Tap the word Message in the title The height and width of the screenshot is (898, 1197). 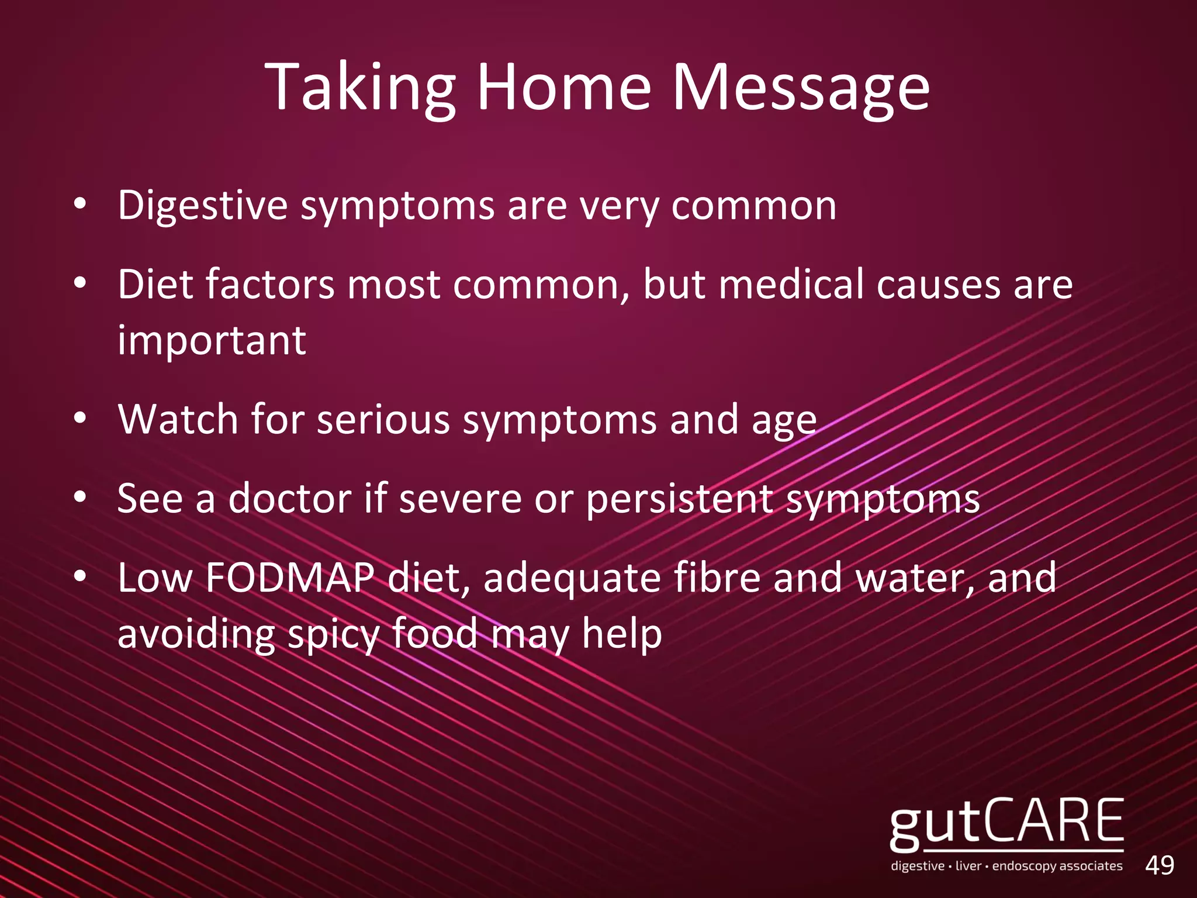point(801,88)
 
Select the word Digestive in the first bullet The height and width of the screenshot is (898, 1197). point(202,206)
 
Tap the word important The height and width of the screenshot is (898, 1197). point(212,340)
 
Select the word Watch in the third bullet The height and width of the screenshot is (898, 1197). point(178,419)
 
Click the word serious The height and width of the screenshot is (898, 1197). point(383,419)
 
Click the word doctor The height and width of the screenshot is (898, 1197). point(290,499)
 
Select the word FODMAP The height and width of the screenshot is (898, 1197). point(290,578)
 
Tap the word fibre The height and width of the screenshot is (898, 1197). point(717,578)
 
